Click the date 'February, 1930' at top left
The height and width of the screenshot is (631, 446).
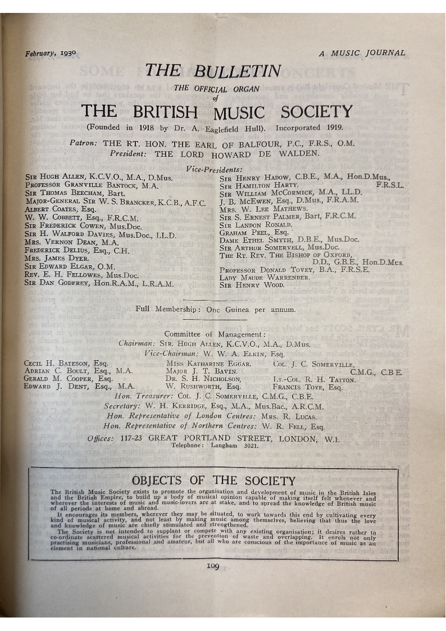[51, 54]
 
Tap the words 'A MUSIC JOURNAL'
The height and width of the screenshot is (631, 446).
[362, 53]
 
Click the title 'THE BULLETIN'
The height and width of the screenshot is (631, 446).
[213, 71]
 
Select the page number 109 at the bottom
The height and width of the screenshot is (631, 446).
[212, 566]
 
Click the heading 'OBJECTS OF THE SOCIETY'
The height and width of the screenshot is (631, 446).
[213, 481]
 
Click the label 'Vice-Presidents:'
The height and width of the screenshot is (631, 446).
[214, 169]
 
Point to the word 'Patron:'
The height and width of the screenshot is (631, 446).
[83, 143]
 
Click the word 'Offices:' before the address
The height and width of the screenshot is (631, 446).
[102, 438]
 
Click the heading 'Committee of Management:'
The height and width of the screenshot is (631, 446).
[215, 334]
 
